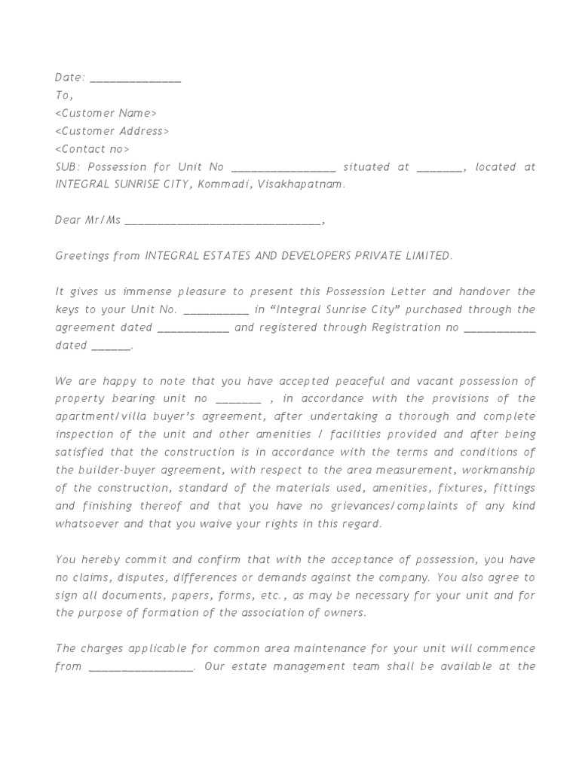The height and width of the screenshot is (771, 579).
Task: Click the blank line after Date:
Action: point(135,78)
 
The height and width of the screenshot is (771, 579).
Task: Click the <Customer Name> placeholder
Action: point(106,114)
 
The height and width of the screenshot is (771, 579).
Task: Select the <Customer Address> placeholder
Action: point(112,132)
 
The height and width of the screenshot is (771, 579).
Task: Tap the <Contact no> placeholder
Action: point(93,150)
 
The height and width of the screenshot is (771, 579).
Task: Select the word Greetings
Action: point(81,257)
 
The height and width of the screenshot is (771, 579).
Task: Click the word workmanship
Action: point(498,471)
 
